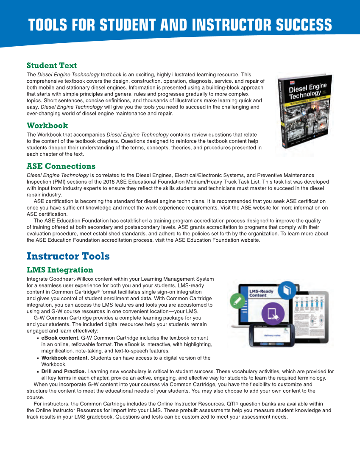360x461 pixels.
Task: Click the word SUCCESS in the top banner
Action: tap(304, 25)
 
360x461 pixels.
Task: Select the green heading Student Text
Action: tap(52, 65)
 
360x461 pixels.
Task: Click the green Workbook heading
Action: tap(47, 126)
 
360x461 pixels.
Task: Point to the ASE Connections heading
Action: tap(61, 166)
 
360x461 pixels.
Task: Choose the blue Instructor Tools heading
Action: tap(68, 256)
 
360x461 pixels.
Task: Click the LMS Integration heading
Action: tap(60, 270)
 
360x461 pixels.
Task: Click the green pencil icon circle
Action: tap(236, 301)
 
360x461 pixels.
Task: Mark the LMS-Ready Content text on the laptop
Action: tap(261, 293)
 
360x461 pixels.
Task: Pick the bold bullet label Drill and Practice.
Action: tap(63, 371)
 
